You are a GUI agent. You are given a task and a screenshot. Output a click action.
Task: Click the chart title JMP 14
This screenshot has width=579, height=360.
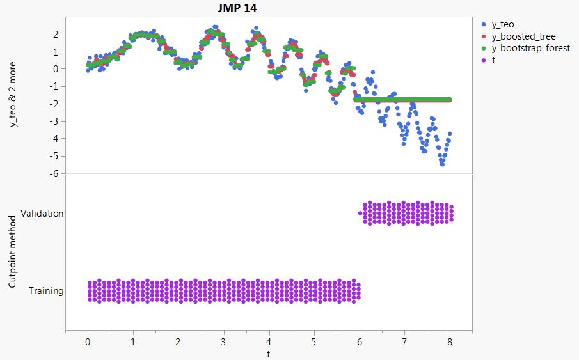coord(237,8)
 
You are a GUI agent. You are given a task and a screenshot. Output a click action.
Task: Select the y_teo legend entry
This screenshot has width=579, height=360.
coord(502,25)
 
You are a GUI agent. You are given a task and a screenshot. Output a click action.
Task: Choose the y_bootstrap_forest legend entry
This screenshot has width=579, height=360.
coord(530,48)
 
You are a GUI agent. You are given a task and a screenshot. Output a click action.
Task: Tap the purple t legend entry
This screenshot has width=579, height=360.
coord(494,59)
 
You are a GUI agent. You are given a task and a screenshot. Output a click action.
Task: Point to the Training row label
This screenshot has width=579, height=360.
coord(46,291)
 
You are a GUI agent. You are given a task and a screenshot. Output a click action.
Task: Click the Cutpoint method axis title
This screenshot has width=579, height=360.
coord(13,251)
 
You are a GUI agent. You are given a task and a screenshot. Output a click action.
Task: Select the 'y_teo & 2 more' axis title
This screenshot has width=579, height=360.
coord(13,95)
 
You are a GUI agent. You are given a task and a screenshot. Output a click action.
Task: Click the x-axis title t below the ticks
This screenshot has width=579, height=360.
coord(269,352)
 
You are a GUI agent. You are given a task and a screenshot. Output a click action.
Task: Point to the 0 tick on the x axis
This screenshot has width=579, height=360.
coord(88,341)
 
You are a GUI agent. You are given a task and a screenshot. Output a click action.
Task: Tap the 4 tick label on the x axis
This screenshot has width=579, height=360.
coord(269,341)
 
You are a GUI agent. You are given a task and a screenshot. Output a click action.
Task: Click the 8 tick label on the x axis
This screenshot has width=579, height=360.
coord(450,341)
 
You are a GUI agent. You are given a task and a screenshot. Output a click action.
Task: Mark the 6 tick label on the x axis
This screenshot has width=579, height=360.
coord(360,341)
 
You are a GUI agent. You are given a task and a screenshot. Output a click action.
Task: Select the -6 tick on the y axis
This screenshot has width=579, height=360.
coord(55,173)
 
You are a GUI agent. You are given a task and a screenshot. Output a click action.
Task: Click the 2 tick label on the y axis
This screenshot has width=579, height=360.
coord(57,34)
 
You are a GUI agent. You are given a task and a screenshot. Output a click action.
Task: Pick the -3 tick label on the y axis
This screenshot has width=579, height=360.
coord(55,121)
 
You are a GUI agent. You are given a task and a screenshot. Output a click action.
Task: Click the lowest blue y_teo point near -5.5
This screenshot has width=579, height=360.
coord(442,164)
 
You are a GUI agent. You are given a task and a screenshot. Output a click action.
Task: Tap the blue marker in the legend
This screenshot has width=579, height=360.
coord(484,25)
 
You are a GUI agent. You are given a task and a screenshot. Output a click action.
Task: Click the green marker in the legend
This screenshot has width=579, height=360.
coord(484,48)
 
